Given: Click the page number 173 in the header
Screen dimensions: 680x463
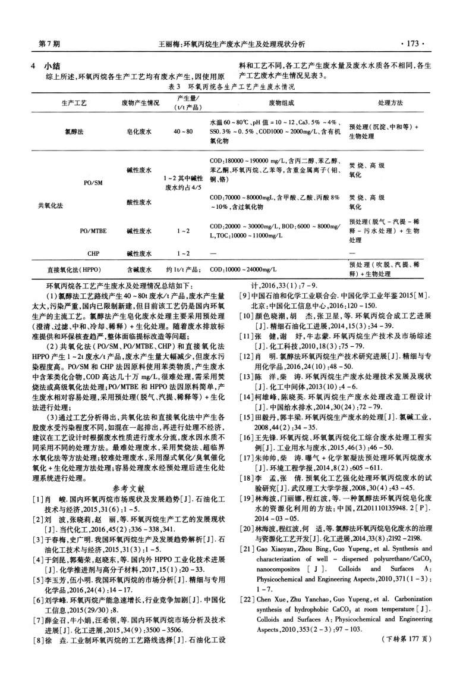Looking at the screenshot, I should coord(411,44).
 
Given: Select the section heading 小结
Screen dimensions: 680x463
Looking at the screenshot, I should coord(59,67).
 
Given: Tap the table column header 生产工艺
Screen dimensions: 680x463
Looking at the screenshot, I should coord(74,103).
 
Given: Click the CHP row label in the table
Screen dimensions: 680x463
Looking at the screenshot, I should coord(93,254).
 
